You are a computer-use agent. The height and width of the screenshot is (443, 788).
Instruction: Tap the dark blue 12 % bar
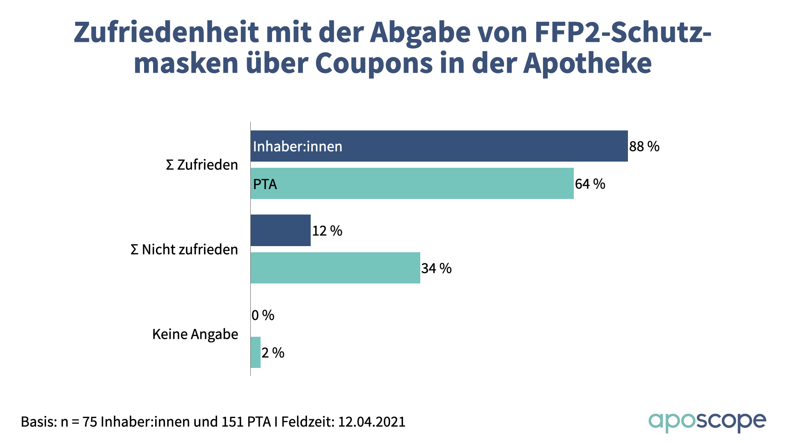pyautogui.click(x=281, y=230)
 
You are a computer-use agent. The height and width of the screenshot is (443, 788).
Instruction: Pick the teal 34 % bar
pyautogui.click(x=335, y=268)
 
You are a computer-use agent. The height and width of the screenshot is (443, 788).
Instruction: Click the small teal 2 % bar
pyautogui.click(x=256, y=352)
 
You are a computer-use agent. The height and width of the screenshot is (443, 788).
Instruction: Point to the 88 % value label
pyautogui.click(x=644, y=146)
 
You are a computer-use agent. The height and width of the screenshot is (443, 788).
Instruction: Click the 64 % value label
pyautogui.click(x=590, y=184)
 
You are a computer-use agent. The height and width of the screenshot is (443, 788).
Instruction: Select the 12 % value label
pyautogui.click(x=327, y=231)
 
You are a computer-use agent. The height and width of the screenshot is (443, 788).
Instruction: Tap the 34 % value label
pyautogui.click(x=436, y=268)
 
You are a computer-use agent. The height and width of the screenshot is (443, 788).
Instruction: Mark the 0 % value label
pyautogui.click(x=263, y=315)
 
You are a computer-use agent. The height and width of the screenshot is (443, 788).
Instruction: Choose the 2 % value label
pyautogui.click(x=273, y=353)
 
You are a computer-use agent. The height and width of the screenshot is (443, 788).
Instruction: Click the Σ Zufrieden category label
pyautogui.click(x=202, y=165)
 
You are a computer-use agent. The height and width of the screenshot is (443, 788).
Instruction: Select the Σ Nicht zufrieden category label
pyautogui.click(x=184, y=249)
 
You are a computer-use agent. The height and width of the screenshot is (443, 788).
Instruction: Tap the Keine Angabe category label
pyautogui.click(x=195, y=334)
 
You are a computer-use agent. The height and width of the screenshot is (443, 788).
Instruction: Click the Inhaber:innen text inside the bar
pyautogui.click(x=298, y=146)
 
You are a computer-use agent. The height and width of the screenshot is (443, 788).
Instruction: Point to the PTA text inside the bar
pyautogui.click(x=265, y=184)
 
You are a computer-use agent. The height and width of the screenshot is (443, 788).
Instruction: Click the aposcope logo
pyautogui.click(x=707, y=422)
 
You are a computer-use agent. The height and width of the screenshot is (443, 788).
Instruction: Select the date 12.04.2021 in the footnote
pyautogui.click(x=371, y=422)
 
